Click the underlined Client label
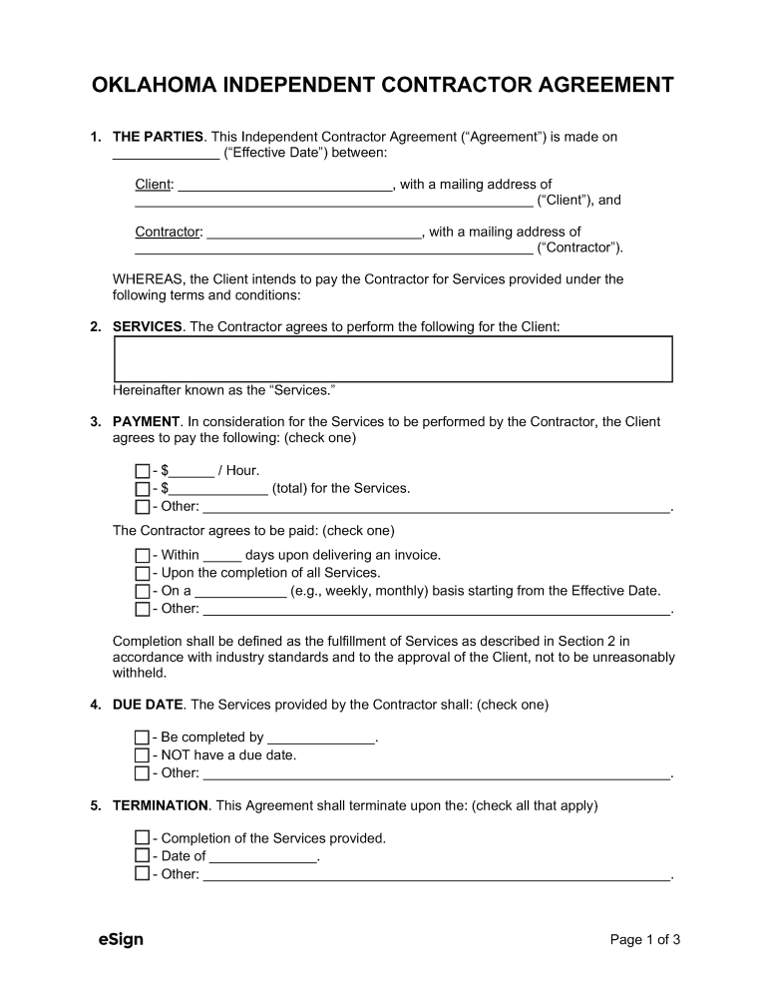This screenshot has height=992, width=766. (x=154, y=185)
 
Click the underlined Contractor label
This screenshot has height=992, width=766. (x=168, y=233)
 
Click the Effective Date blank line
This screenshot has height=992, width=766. (x=166, y=153)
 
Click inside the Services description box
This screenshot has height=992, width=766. (x=393, y=359)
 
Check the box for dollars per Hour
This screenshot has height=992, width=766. (x=142, y=471)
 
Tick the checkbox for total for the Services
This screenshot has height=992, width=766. (x=142, y=489)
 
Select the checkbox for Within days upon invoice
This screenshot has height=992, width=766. (x=142, y=555)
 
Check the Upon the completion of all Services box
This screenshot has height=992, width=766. (x=142, y=573)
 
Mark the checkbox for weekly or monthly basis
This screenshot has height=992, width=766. (x=142, y=591)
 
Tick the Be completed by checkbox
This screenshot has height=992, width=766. (x=142, y=738)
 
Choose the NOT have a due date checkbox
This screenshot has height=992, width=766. (x=142, y=755)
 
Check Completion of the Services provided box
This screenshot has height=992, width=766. (x=142, y=838)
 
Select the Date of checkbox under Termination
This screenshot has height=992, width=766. (x=142, y=856)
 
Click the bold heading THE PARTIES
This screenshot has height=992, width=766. (x=159, y=136)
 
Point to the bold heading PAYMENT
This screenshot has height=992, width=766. (x=146, y=422)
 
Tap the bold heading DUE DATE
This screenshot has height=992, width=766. (x=148, y=705)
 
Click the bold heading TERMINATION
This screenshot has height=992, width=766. (x=161, y=805)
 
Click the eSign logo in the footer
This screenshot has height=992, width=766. (x=121, y=939)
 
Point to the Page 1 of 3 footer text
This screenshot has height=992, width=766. (x=644, y=939)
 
